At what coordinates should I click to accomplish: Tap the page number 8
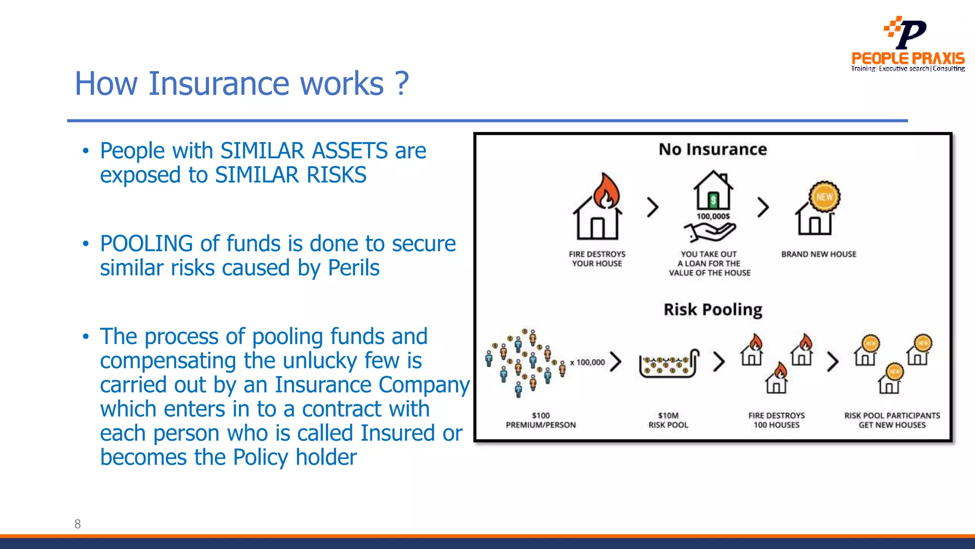point(78,524)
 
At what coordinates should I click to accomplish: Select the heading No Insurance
point(713,150)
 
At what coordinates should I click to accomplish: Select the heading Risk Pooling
point(713,310)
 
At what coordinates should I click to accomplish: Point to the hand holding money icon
point(710,233)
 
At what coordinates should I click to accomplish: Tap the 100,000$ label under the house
point(713,216)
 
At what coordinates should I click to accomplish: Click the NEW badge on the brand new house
point(824,196)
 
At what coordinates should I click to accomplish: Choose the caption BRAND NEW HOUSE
point(818,254)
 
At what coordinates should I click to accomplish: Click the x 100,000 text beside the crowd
point(587,362)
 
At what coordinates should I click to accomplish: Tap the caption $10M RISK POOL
point(668,420)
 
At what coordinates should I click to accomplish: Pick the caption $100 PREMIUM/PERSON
point(540,420)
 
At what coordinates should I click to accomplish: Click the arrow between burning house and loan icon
point(653,207)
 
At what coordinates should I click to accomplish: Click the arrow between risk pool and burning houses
point(719,361)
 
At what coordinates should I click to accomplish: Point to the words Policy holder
point(295,457)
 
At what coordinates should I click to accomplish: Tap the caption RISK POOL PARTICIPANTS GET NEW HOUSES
point(892,420)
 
